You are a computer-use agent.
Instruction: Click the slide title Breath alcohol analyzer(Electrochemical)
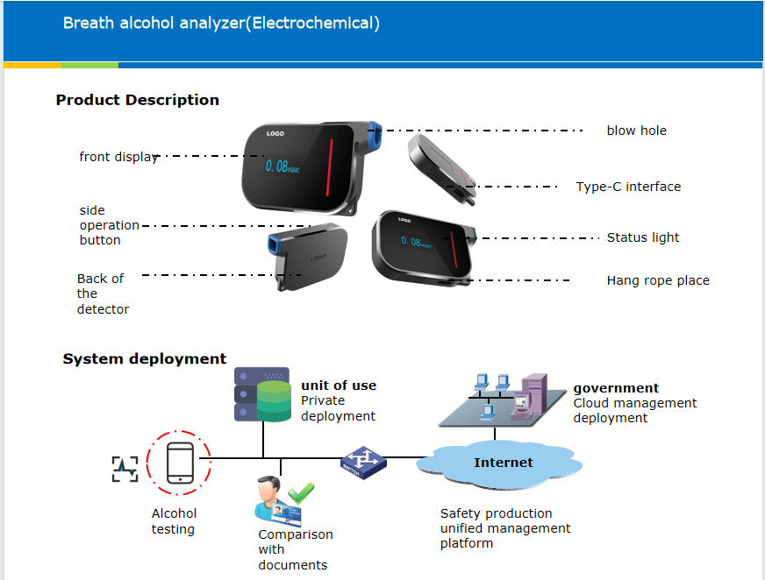[x=221, y=24]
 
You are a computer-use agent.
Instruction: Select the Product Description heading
[x=138, y=100]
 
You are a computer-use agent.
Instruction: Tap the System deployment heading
[x=145, y=359]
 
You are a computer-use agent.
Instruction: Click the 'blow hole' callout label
[x=636, y=131]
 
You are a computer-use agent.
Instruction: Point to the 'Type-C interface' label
[x=628, y=187]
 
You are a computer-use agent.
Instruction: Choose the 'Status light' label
[x=643, y=237]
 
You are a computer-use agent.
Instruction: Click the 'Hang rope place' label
[x=658, y=281]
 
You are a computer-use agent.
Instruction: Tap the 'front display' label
[x=118, y=157]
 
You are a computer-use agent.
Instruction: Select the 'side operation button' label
[x=108, y=225]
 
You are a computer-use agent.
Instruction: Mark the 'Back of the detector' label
[x=103, y=294]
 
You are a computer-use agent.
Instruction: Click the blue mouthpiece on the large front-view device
[x=374, y=137]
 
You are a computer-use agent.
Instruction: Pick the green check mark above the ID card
[x=301, y=492]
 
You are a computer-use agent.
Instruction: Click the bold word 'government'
[x=616, y=388]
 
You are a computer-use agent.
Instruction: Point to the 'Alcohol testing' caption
[x=174, y=521]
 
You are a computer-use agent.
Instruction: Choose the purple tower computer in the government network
[x=533, y=396]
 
